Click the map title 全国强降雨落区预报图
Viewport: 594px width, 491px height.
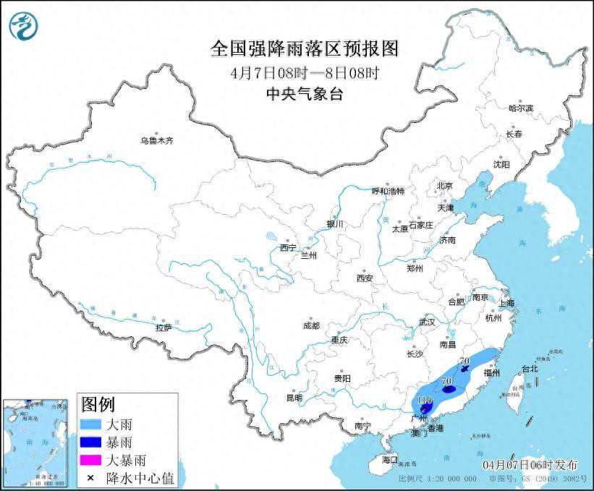(304, 49)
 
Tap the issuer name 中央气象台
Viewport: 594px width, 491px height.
(304, 93)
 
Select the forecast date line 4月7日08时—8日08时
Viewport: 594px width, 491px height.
(304, 72)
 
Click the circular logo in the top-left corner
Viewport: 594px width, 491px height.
(23, 25)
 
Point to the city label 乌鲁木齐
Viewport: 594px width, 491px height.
(156, 140)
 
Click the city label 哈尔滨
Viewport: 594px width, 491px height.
(520, 108)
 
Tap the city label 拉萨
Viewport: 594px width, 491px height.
(164, 327)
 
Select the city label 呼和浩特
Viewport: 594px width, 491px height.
(389, 191)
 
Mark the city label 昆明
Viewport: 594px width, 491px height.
(294, 398)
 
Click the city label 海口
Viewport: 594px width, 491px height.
(390, 459)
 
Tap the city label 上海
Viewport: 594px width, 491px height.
(506, 302)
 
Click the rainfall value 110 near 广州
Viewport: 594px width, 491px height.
(424, 400)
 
